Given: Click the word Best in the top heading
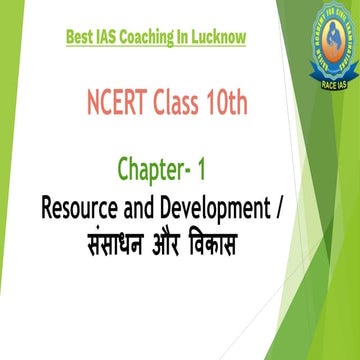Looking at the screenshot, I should click(x=81, y=39).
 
